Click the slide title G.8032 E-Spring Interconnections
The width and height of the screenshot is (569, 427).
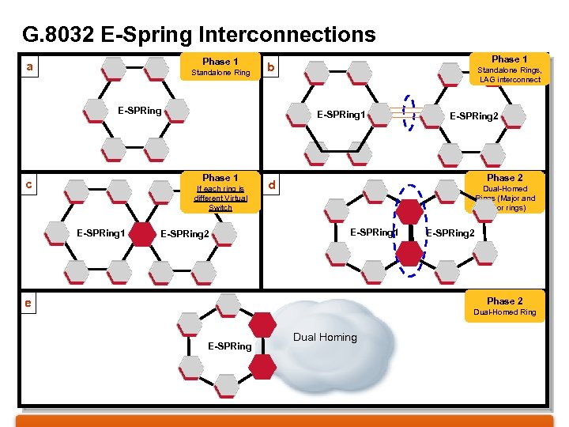click(x=199, y=35)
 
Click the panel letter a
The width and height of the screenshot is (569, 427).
click(x=29, y=67)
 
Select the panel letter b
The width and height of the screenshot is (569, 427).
click(x=270, y=68)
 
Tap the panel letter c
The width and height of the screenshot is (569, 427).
click(x=29, y=184)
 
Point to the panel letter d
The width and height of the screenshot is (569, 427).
click(x=271, y=186)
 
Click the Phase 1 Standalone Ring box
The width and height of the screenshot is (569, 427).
click(x=220, y=66)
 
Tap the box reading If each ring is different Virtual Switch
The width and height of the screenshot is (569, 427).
click(x=220, y=192)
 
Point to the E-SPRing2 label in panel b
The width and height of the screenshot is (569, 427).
click(x=474, y=116)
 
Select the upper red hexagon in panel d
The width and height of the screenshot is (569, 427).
click(x=409, y=212)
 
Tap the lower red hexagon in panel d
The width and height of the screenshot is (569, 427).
click(x=409, y=253)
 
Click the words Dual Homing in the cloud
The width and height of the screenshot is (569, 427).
click(x=325, y=338)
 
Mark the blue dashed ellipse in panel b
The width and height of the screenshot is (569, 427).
click(x=409, y=115)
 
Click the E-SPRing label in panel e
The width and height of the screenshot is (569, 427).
click(x=229, y=346)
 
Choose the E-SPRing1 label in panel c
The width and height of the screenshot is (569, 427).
click(x=100, y=232)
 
